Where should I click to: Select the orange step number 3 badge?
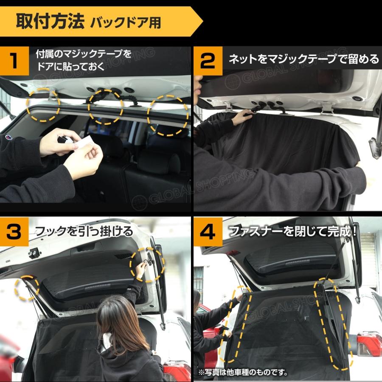(14, 232)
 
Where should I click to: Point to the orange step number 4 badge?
(208, 232)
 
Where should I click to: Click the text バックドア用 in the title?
(126, 22)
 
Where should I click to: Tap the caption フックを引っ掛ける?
(84, 232)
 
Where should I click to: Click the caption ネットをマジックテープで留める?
(303, 59)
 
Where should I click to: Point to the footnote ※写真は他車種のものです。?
(243, 373)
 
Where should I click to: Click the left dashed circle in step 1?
(43, 105)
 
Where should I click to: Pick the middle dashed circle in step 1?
(106, 107)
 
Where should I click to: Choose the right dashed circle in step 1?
(168, 115)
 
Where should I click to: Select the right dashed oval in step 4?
(332, 325)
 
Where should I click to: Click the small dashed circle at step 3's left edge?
(27, 288)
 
